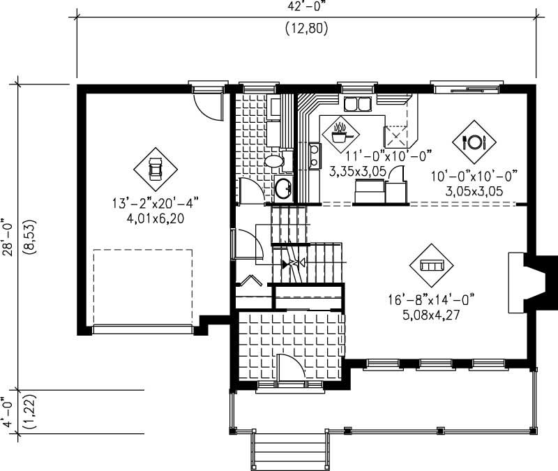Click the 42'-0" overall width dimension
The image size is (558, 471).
306,6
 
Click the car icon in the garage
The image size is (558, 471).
155,168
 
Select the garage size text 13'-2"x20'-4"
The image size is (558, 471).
155,204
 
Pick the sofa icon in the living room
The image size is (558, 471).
431,266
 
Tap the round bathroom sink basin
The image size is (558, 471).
283,188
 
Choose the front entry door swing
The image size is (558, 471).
289,368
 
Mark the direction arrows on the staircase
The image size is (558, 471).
292,264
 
